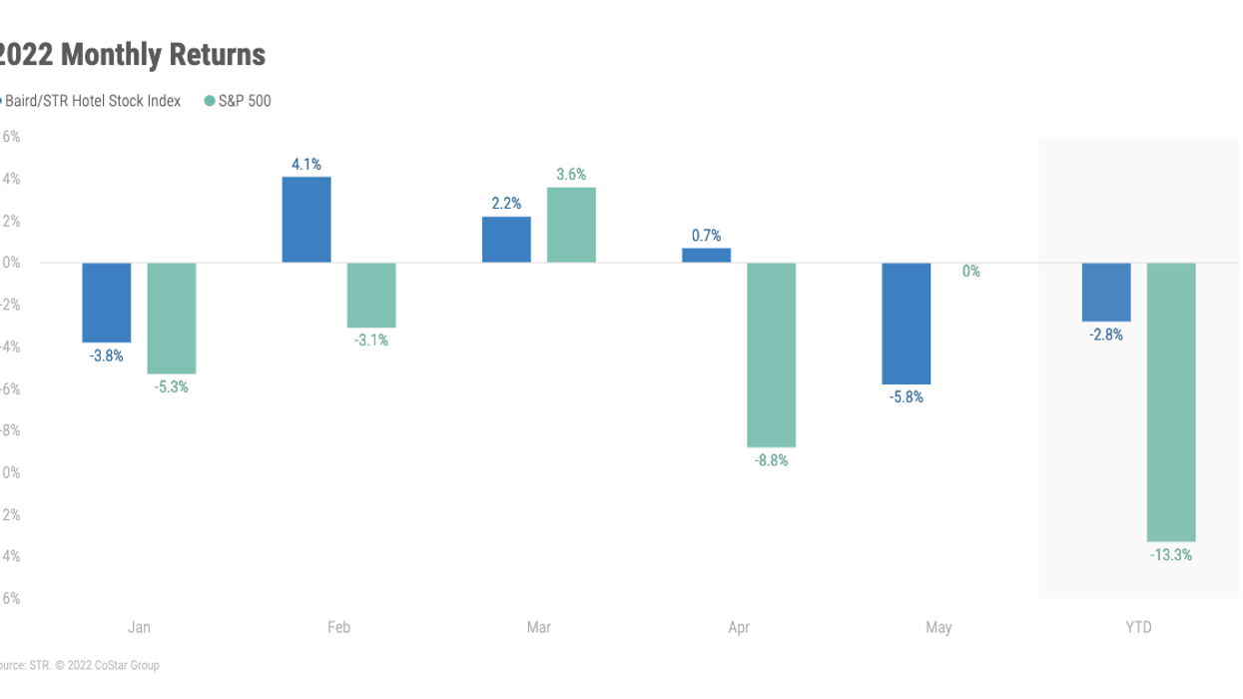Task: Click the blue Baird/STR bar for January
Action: (x=106, y=303)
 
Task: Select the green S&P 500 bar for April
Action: (x=772, y=354)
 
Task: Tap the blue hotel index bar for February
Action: (x=307, y=220)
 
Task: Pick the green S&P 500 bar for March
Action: (x=572, y=225)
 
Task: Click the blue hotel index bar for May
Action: (x=907, y=324)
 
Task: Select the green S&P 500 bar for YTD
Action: (x=1171, y=401)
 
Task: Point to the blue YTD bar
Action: (x=1106, y=292)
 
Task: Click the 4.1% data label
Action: (x=307, y=165)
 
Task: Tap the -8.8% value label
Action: (x=772, y=461)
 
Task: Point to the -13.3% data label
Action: (x=1171, y=555)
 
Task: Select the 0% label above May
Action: (x=970, y=271)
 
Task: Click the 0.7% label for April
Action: (x=706, y=236)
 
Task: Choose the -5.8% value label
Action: (x=907, y=397)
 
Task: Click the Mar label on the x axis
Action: (x=539, y=628)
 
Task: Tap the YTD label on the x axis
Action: (x=1138, y=628)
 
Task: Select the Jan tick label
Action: (x=139, y=628)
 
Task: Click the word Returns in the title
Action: (x=216, y=54)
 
